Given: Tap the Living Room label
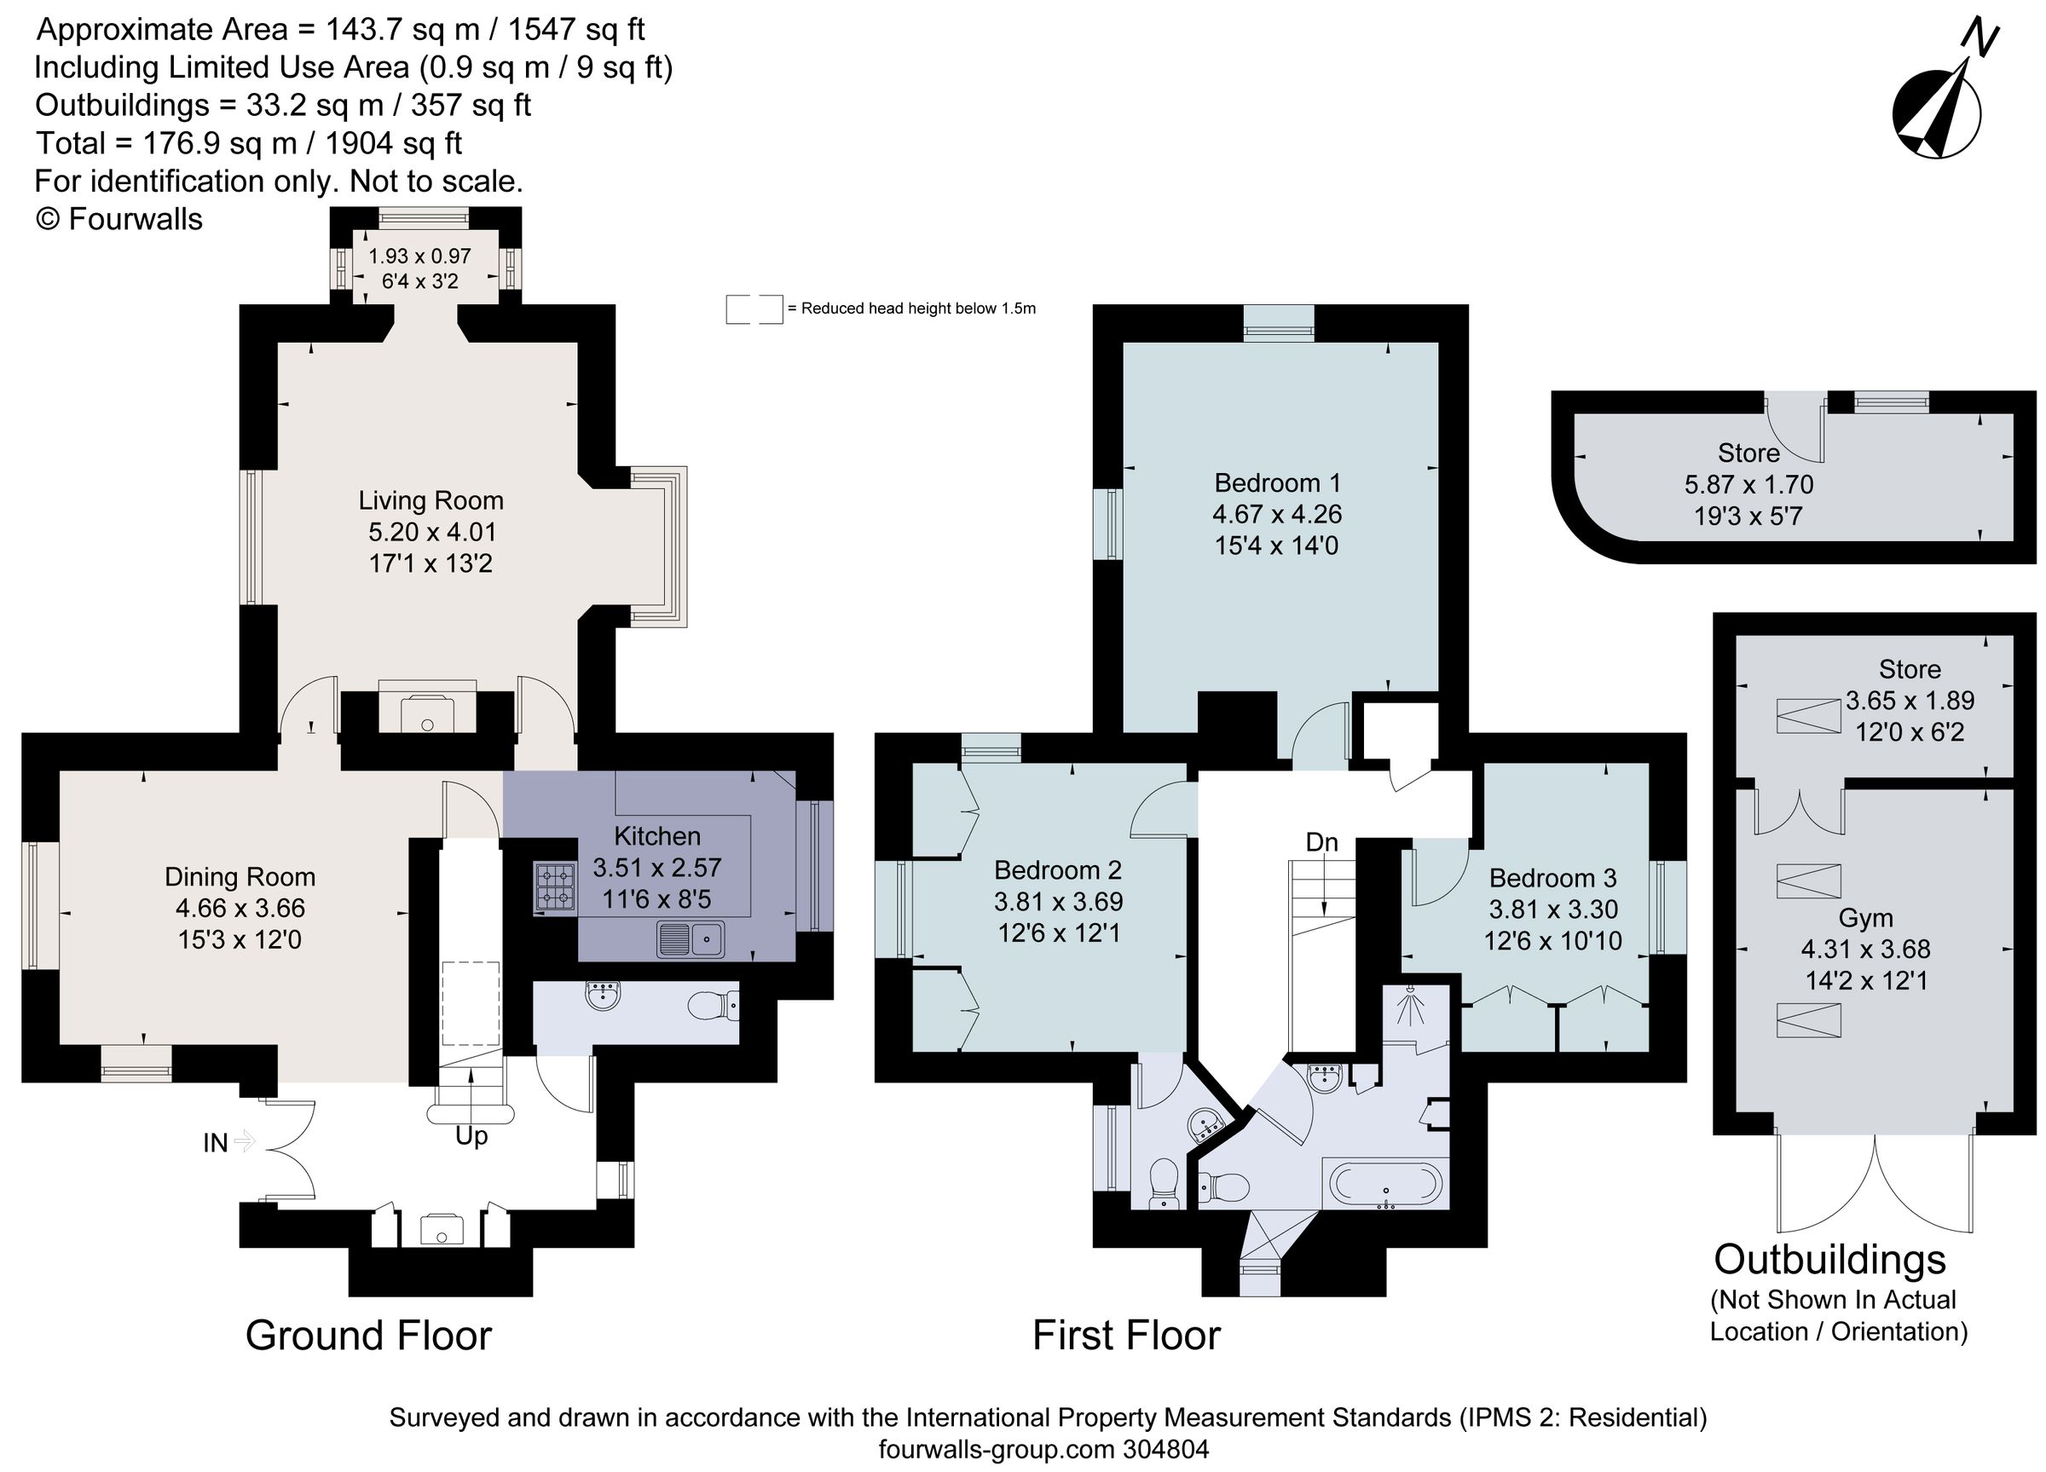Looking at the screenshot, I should click(431, 500).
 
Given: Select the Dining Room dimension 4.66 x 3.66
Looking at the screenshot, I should click(240, 909).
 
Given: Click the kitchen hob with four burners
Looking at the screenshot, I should click(556, 886).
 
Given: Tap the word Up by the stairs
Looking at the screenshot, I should click(471, 1136).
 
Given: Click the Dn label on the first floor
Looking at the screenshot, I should click(1321, 842).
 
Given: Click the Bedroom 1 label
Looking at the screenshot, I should click(1277, 482).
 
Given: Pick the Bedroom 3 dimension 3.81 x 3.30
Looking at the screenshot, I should click(1552, 909).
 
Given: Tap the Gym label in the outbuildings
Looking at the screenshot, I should click(1864, 918).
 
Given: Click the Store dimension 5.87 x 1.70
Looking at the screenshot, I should click(1748, 485).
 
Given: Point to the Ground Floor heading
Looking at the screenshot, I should click(368, 1336).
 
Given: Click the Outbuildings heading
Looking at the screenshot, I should click(1829, 1259).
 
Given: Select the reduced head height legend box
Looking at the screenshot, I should click(754, 309).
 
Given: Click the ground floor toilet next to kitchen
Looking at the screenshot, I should click(716, 1004).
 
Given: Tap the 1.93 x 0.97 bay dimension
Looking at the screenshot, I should click(419, 257).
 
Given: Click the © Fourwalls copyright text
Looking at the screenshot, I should click(119, 219).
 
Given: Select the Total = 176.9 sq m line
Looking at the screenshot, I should click(248, 143).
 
